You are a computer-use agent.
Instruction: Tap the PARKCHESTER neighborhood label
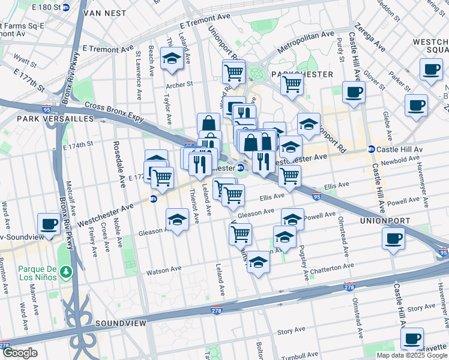click(x=301, y=74)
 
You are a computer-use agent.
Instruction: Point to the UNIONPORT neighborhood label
click(x=384, y=221)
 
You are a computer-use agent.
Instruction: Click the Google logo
click(x=20, y=353)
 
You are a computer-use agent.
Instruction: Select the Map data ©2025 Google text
click(x=411, y=355)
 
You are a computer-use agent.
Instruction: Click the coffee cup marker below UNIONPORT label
click(x=394, y=238)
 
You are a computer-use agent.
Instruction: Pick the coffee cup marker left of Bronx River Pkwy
click(x=49, y=224)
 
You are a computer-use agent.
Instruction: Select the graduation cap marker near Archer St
click(x=172, y=58)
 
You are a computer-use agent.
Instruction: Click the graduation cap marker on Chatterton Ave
click(x=258, y=262)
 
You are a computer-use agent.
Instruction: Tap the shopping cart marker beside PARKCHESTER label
click(x=292, y=83)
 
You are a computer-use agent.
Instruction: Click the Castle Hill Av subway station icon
click(x=371, y=149)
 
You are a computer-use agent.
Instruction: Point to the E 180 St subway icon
click(x=66, y=8)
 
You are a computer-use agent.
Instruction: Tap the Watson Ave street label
click(x=163, y=270)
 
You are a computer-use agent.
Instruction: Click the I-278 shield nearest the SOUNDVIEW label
click(x=217, y=310)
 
